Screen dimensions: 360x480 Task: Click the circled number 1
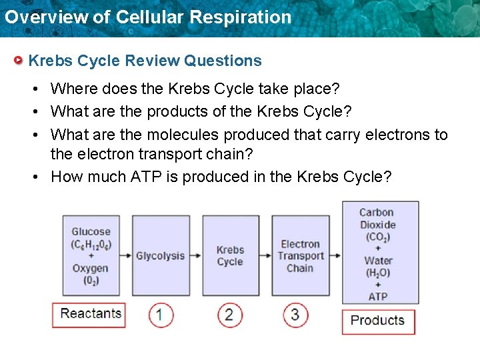point(161,315)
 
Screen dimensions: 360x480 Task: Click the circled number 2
point(229,315)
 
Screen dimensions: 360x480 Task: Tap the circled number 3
point(295,315)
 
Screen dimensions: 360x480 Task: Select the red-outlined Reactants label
point(90,314)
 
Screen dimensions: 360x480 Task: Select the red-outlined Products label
point(377,321)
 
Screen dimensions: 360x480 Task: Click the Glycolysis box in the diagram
point(160,256)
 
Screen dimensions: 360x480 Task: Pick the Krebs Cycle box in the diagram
point(230,256)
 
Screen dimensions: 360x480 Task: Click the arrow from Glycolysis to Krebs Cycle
point(196,256)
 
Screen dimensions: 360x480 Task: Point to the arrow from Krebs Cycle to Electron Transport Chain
point(265,256)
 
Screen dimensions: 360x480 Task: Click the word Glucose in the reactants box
point(91,232)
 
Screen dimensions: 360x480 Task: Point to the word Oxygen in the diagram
point(90,268)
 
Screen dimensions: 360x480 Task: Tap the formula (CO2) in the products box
point(377,237)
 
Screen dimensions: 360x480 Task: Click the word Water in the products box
point(378,261)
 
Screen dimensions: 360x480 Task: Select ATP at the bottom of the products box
point(377,296)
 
